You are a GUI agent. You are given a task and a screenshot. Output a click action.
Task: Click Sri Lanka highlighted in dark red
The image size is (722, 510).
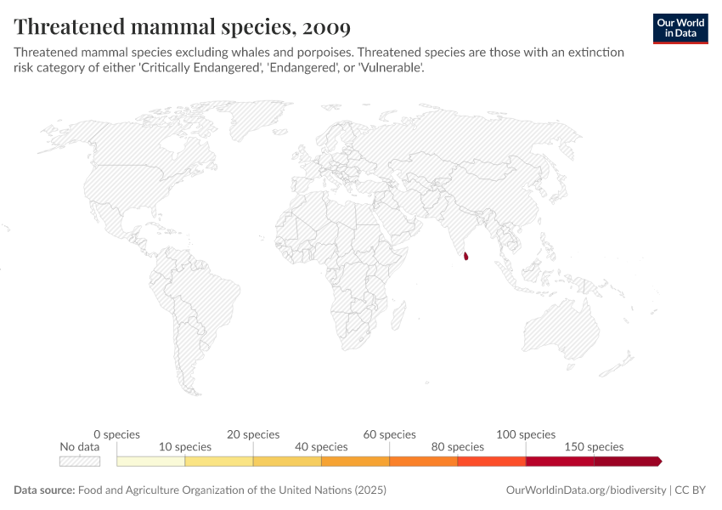coord(465,255)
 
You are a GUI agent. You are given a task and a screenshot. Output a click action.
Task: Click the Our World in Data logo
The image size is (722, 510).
coord(680,28)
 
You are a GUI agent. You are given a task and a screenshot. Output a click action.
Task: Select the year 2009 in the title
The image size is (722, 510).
coord(324,27)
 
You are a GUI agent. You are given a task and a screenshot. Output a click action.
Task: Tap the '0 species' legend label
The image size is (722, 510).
coord(116,434)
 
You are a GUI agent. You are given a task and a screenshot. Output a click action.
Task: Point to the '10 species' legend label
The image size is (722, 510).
coord(185,446)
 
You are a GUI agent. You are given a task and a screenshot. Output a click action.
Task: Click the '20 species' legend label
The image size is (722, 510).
coord(253,434)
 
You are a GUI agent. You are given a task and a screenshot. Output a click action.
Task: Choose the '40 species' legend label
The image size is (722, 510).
coord(321,446)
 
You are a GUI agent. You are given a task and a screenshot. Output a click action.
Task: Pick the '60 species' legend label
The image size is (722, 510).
coord(390,434)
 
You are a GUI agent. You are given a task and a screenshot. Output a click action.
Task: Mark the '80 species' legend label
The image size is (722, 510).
coord(458,446)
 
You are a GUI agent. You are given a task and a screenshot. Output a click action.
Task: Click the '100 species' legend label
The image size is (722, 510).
coord(526,434)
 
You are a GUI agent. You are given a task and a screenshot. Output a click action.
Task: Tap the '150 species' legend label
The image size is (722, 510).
coord(594,446)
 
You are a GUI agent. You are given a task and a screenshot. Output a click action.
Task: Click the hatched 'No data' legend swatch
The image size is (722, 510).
coord(80,462)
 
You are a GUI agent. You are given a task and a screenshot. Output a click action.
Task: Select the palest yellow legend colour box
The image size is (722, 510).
coord(150,462)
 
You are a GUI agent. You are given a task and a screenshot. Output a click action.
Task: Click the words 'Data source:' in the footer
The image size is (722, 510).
coord(44,490)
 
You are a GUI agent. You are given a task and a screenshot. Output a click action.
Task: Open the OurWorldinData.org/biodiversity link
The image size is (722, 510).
coord(585,490)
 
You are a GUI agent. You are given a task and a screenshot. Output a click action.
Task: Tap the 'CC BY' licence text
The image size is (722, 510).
coord(691,490)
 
